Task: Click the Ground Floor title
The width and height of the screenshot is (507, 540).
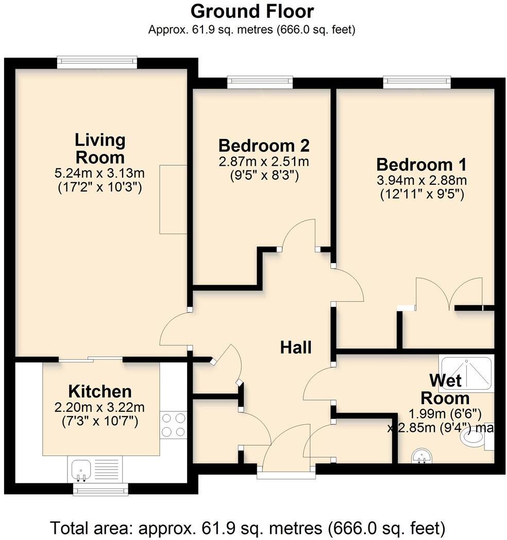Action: (x=252, y=11)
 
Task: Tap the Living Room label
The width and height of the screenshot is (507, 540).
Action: (x=100, y=148)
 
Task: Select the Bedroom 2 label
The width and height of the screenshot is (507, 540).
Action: (x=264, y=145)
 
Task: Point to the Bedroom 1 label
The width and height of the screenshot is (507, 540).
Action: (x=421, y=165)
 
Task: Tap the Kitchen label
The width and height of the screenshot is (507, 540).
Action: (x=100, y=391)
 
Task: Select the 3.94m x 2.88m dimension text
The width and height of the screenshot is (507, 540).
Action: (x=422, y=181)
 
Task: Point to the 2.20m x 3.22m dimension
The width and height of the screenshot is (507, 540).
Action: (x=100, y=408)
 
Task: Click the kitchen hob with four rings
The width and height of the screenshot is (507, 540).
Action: (x=174, y=425)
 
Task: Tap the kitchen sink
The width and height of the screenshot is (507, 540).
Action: (x=81, y=469)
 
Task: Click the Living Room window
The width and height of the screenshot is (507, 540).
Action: (x=97, y=62)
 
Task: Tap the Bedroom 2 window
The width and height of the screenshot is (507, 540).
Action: (x=260, y=82)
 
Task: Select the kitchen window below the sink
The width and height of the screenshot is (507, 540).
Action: (x=100, y=489)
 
